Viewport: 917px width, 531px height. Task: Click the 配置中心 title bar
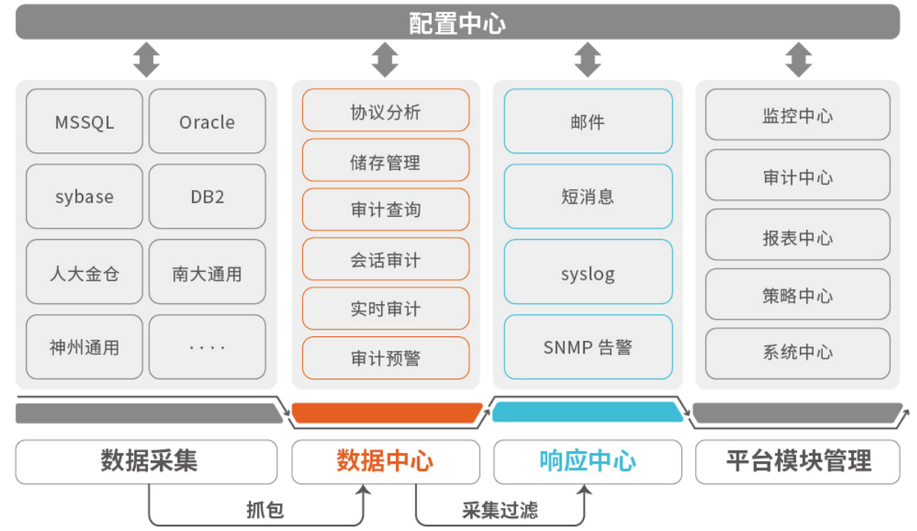coord(458,22)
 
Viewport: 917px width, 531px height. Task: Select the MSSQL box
coord(84,122)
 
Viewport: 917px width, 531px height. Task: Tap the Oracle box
coord(207,122)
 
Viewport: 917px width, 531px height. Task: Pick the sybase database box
coord(84,197)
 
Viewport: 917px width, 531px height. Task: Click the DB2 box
coord(207,197)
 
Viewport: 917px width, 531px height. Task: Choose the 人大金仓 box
coord(84,273)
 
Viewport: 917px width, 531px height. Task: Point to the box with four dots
coord(207,347)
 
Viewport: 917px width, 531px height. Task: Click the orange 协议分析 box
coord(386,111)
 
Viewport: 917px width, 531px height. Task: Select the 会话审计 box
coord(386,260)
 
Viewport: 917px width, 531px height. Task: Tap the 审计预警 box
coord(386,358)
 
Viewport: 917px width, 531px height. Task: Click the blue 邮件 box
coord(588,121)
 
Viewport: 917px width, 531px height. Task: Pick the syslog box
coord(588,273)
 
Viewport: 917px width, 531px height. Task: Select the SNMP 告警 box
coord(588,347)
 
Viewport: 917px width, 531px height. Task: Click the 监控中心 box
coord(798,115)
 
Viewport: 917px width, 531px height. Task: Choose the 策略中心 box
coord(798,295)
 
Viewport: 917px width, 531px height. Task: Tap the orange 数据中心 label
coord(386,461)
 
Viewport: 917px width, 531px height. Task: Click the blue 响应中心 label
coord(588,461)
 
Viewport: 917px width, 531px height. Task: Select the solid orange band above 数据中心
coord(387,413)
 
